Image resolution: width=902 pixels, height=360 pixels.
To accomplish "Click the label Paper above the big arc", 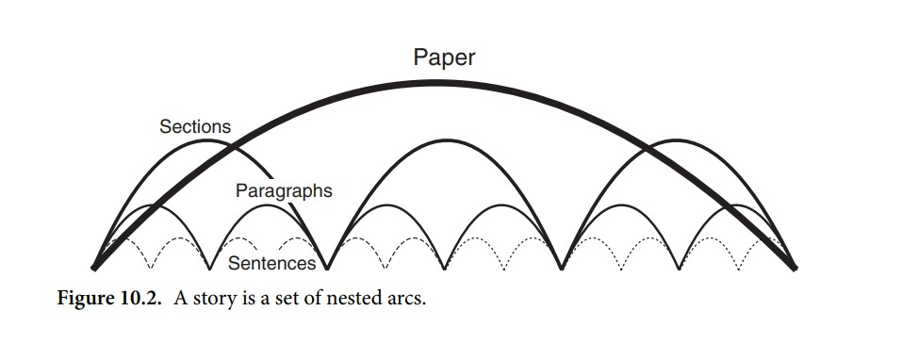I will (444, 57).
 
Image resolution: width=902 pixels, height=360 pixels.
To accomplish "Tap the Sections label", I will (194, 126).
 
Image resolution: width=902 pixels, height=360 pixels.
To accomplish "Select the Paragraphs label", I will (284, 191).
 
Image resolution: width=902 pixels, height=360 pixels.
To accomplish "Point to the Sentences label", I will (271, 263).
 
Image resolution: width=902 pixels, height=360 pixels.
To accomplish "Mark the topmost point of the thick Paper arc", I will (445, 80).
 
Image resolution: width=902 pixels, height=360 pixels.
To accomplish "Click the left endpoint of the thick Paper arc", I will (95, 268).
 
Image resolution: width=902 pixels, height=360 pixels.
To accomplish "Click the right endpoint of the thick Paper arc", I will (795, 268).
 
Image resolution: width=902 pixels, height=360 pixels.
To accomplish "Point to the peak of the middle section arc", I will (445, 139).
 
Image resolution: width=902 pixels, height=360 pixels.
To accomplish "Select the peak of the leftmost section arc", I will (211, 141).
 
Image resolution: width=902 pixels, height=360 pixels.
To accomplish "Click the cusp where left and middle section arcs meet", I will (328, 268).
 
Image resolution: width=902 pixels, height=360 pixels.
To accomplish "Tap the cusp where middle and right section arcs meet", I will (562, 268).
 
